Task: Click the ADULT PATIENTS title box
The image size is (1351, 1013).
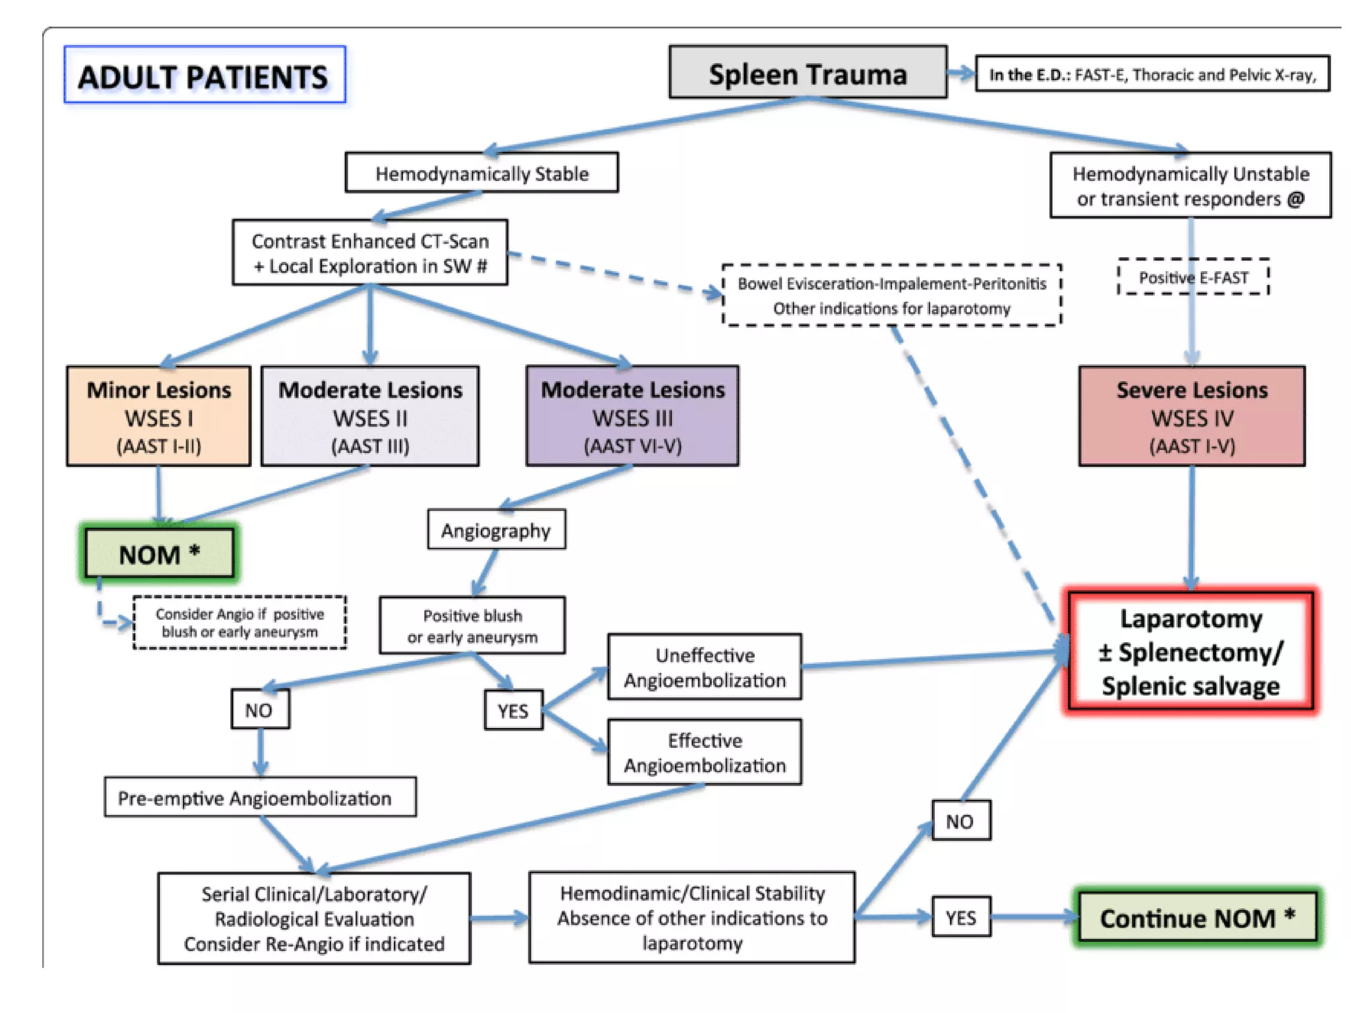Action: click(x=204, y=75)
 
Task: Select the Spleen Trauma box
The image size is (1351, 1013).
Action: click(x=807, y=73)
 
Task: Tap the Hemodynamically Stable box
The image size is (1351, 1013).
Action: click(x=482, y=173)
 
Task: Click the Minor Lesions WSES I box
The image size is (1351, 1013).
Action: click(x=159, y=417)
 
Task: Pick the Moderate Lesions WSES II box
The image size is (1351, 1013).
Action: click(x=370, y=417)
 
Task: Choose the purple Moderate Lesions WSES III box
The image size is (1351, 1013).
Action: click(x=632, y=417)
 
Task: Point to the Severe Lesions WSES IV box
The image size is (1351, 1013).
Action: click(x=1191, y=417)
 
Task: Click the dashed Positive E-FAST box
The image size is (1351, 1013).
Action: click(x=1193, y=278)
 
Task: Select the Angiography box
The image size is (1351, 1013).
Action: click(x=496, y=530)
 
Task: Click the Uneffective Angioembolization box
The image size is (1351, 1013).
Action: click(x=705, y=667)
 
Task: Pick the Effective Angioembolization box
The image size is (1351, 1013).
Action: click(x=705, y=752)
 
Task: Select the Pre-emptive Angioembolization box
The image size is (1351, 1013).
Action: click(x=260, y=798)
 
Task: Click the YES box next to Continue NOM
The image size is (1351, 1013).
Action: click(x=960, y=917)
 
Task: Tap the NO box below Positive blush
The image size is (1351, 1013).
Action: click(x=259, y=710)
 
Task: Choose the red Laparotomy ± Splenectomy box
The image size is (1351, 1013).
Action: click(x=1191, y=652)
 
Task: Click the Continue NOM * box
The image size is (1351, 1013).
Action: click(x=1197, y=917)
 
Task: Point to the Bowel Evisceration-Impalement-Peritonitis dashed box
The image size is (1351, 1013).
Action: click(x=892, y=295)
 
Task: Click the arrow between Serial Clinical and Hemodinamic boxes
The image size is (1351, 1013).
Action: click(x=499, y=917)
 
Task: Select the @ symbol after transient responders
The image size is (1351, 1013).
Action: click(x=1296, y=199)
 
